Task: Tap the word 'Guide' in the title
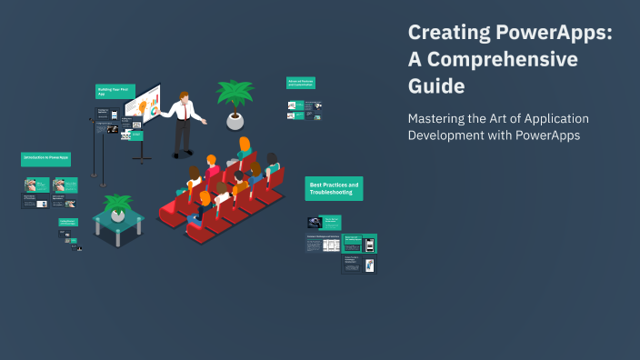436,87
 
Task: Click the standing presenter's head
185,96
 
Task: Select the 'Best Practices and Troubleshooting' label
334,188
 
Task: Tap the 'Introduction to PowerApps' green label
45,158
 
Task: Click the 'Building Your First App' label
115,91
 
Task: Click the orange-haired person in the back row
244,145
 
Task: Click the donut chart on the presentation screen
154,110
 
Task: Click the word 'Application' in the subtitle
551,118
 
